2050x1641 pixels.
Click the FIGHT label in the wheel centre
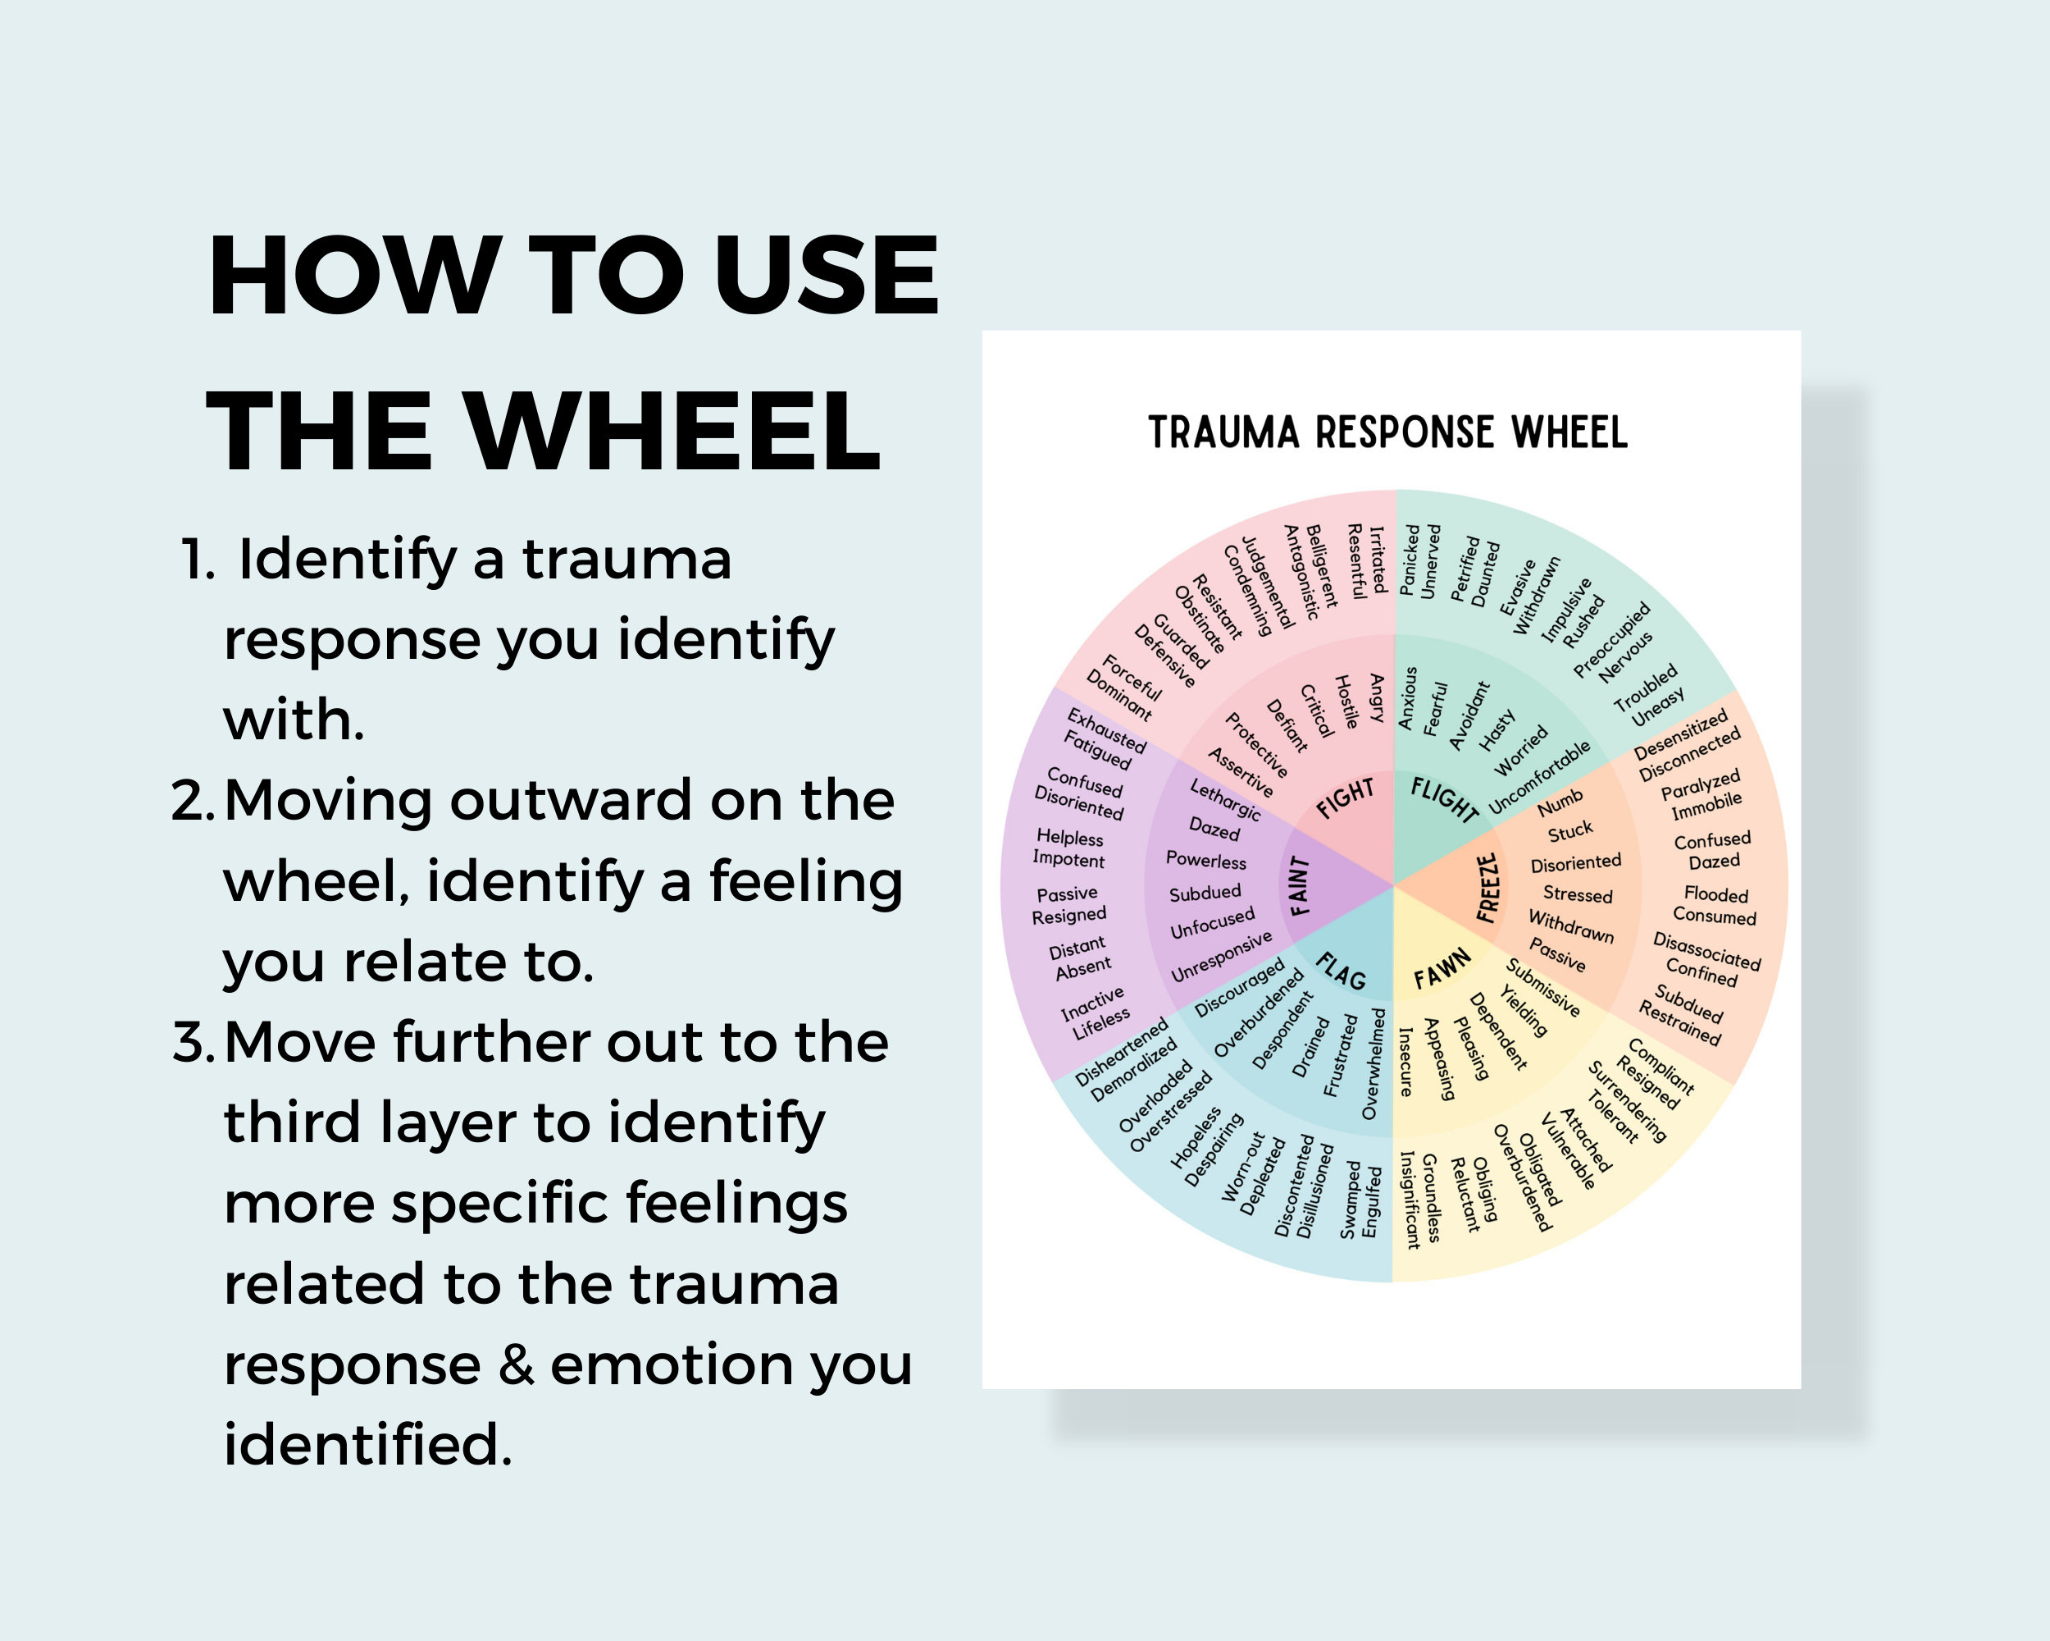(1346, 798)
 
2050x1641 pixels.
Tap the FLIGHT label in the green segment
(1444, 798)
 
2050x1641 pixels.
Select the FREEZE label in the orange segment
(1488, 887)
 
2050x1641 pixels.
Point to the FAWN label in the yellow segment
(1442, 969)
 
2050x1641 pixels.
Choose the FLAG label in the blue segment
(1341, 971)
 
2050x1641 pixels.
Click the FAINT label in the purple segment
(1300, 885)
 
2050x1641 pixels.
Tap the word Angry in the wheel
(1376, 697)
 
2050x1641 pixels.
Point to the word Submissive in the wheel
(1542, 987)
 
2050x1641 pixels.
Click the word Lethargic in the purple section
(1226, 799)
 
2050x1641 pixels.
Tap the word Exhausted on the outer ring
(1106, 729)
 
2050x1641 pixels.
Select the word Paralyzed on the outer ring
(1700, 784)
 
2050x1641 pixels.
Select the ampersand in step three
(517, 1364)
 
